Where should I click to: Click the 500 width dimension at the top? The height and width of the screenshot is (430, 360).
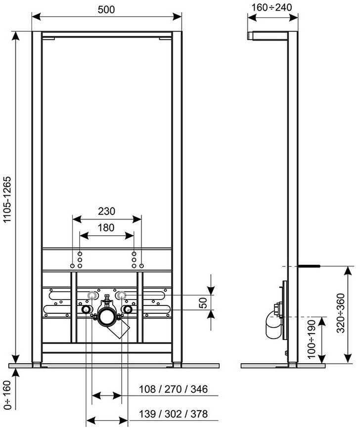(106, 9)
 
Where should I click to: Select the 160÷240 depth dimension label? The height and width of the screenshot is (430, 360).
(271, 7)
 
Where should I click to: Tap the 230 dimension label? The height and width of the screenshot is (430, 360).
(106, 211)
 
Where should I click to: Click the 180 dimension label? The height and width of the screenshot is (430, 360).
(106, 228)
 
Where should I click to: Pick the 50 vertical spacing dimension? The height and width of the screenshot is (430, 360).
(203, 303)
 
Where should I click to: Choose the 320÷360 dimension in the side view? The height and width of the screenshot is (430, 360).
(341, 313)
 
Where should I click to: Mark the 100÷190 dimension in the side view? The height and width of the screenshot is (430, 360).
(312, 339)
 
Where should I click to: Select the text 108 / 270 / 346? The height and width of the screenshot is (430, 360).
(173, 389)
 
